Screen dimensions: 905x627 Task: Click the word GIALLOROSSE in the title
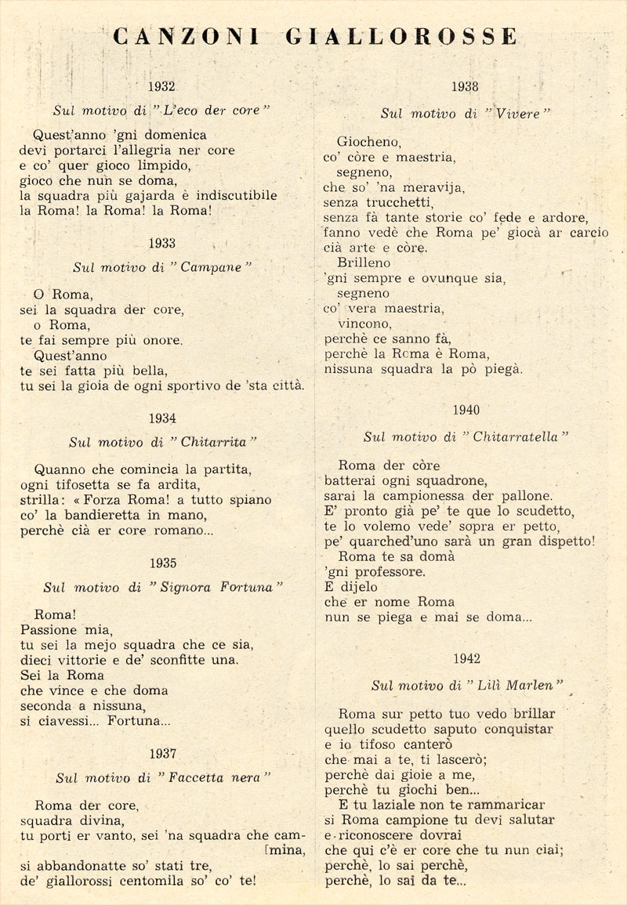tap(400, 37)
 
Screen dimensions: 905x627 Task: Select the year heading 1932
tap(161, 87)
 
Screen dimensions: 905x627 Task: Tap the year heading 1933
tap(161, 243)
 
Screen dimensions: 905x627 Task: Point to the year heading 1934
tap(161, 418)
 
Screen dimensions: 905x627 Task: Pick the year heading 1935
tap(161, 563)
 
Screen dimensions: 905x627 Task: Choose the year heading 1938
tap(466, 87)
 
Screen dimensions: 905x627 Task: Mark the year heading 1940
tap(466, 410)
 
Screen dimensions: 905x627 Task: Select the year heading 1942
tap(466, 659)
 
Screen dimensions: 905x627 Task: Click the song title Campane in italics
tap(212, 267)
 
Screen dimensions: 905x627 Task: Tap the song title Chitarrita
tap(213, 443)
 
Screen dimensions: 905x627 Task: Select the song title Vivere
tap(517, 114)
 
